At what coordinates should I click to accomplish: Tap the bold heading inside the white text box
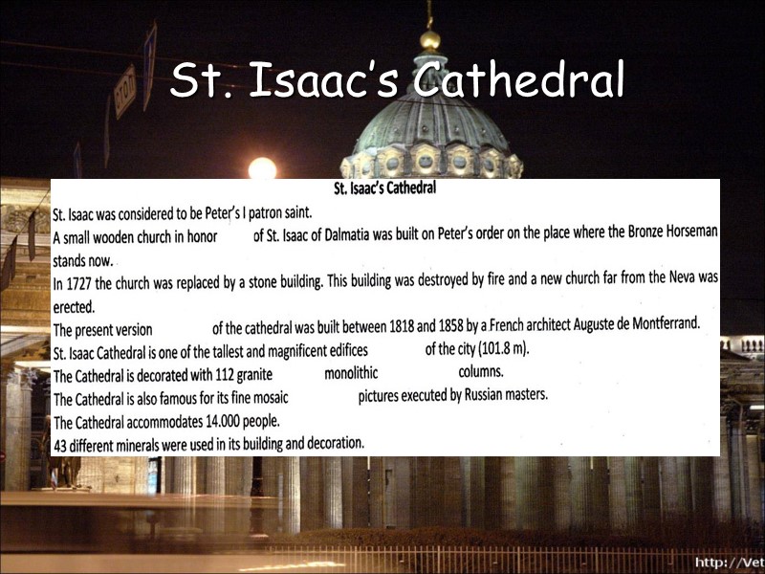[384, 188]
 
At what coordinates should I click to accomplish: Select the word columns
[481, 371]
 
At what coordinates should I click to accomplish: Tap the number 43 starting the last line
[61, 445]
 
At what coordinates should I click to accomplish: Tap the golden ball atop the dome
[430, 40]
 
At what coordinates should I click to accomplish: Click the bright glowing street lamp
[261, 169]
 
